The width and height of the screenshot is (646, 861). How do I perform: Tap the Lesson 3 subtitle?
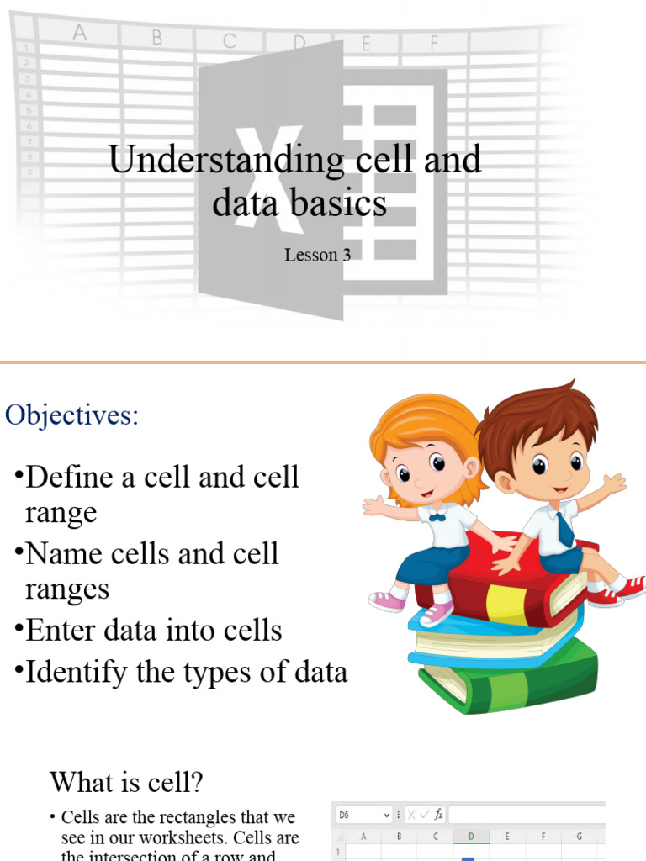(317, 255)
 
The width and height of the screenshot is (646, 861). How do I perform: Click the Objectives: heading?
(71, 415)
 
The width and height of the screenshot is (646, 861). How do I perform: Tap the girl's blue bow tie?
(437, 517)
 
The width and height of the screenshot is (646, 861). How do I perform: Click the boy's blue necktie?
(565, 530)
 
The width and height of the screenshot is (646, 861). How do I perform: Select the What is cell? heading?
(126, 782)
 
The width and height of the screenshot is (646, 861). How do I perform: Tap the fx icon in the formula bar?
(438, 815)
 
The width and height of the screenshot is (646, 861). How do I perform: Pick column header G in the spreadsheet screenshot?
(579, 837)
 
